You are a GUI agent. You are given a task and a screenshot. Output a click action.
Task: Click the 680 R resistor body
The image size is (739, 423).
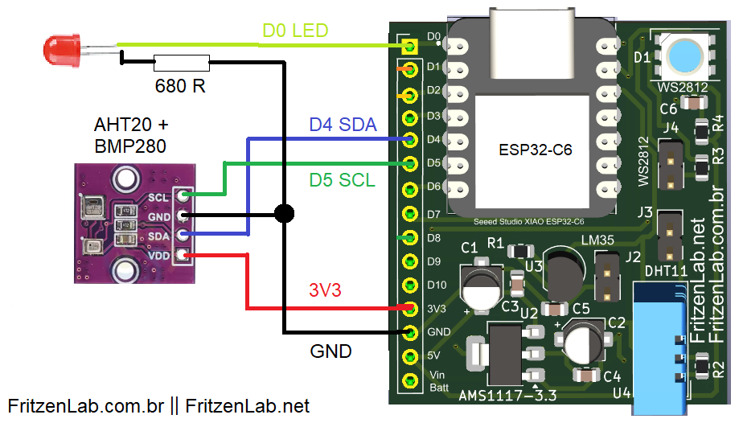coord(181,61)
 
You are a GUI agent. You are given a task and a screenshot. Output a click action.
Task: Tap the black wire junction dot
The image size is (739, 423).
coord(283,213)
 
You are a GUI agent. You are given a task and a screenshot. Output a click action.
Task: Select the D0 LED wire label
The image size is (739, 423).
coord(295,31)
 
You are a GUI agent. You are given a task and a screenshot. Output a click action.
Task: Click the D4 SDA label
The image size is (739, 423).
coord(343,125)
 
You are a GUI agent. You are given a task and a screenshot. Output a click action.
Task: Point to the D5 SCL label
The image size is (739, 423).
coord(343,180)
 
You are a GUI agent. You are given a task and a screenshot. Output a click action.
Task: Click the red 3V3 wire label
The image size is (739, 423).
coord(326,290)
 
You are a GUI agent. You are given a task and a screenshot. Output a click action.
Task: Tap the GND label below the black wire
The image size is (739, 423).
coord(330,351)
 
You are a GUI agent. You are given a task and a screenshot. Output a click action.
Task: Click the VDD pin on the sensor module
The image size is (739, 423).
coord(183,255)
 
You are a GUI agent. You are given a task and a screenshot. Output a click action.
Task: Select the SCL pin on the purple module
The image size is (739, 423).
coord(183,195)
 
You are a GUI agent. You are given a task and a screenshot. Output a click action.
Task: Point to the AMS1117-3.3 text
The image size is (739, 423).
coord(507,396)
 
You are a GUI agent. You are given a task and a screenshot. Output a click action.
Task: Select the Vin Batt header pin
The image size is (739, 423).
coord(411,380)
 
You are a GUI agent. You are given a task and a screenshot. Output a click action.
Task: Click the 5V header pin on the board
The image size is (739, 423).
coord(411,355)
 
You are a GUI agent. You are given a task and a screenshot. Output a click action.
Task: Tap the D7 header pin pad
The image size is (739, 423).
coord(411,214)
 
